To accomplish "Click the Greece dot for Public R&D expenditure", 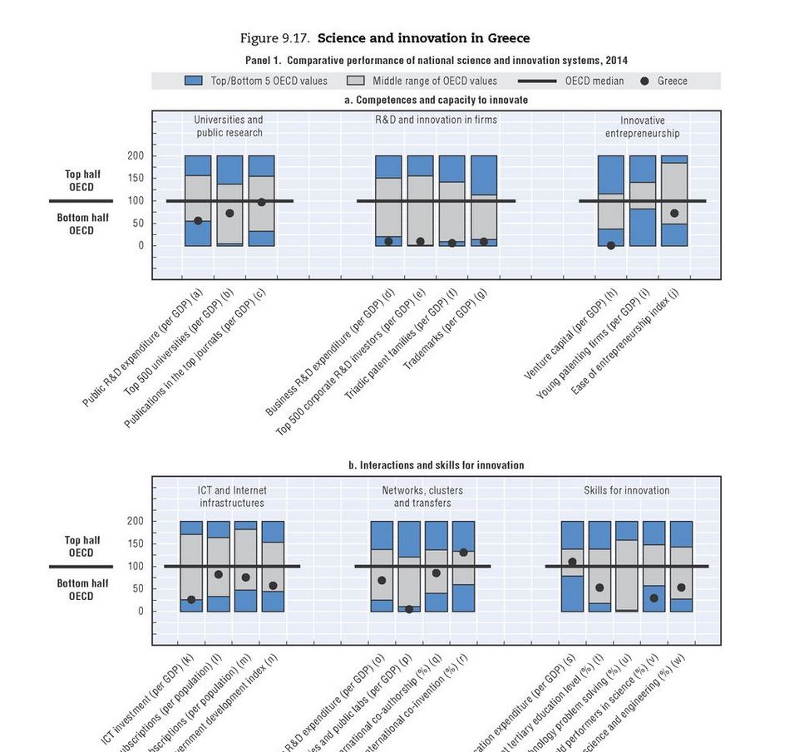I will click(x=198, y=221).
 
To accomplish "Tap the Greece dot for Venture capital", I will click(x=611, y=246).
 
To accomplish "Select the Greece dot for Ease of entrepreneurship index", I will click(x=674, y=214).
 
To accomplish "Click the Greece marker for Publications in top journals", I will click(x=261, y=202).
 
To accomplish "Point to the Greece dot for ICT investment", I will click(x=191, y=600).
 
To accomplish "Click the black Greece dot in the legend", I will click(x=644, y=81).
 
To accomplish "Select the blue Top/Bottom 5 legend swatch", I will click(x=193, y=81).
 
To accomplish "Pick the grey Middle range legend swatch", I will click(x=356, y=81).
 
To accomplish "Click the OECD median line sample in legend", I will click(x=537, y=81).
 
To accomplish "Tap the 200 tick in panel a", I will click(x=136, y=156).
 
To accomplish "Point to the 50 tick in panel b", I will click(x=138, y=589).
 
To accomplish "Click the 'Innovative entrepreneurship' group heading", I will click(x=642, y=127).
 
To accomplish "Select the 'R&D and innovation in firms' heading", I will click(x=436, y=120).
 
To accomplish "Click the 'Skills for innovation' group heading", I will click(x=626, y=491).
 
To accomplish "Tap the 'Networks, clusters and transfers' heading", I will click(x=422, y=497).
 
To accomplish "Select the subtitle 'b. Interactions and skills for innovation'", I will click(x=437, y=465).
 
